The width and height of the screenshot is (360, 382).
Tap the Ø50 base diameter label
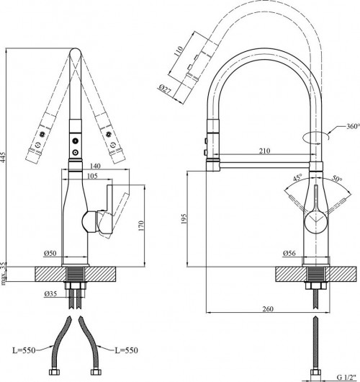tap(50, 254)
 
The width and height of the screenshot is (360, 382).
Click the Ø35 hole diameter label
tap(51, 294)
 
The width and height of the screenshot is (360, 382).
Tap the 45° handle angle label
tap(297, 178)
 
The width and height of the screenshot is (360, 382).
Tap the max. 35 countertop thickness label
tap(7, 275)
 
